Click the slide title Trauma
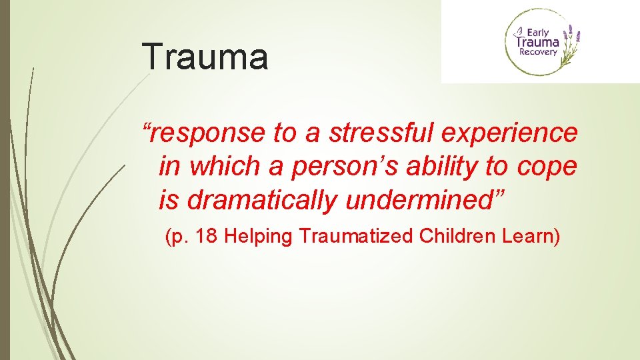click(x=205, y=56)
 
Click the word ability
click(x=434, y=167)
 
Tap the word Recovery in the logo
click(x=539, y=52)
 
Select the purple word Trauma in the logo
click(x=539, y=42)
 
